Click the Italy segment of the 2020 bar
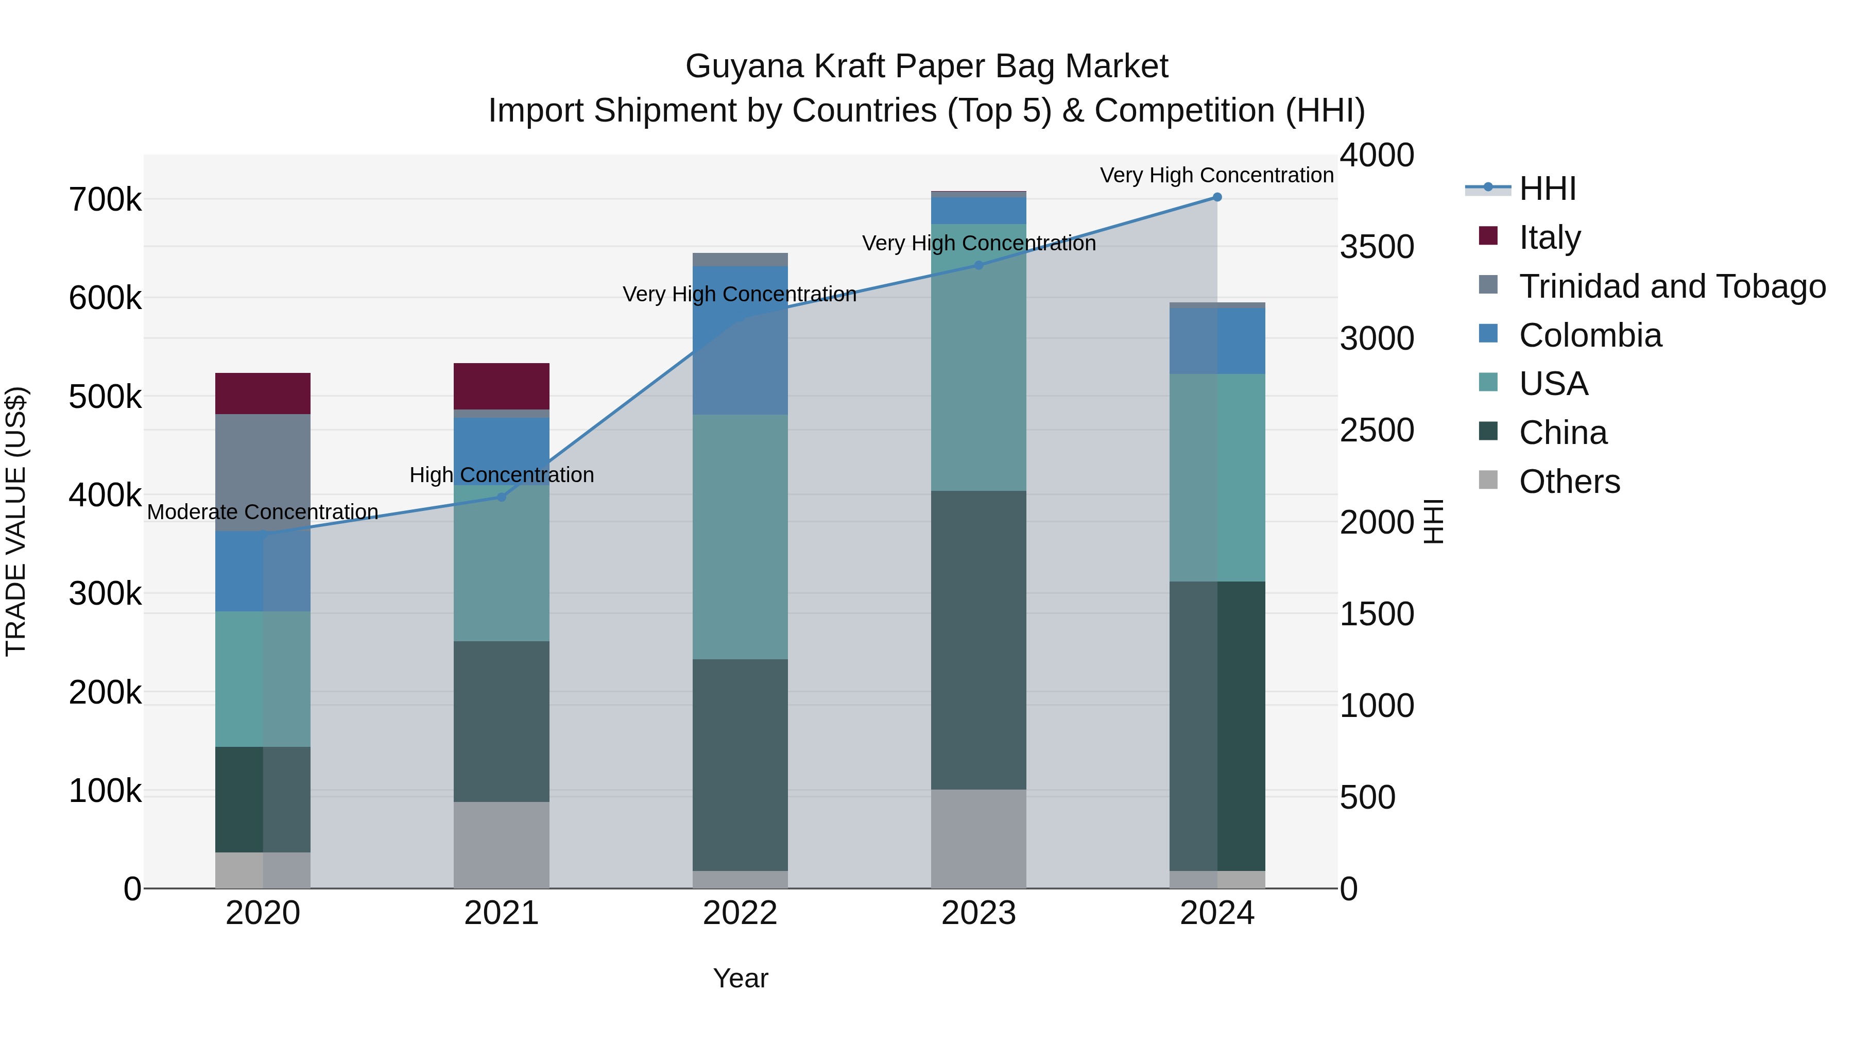263,393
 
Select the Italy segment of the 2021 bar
502,386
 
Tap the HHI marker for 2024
1217,197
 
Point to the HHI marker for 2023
978,265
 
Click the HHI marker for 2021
502,497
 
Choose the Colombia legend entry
1590,335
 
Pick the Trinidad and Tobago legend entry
1671,286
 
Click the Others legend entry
1569,482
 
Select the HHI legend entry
1548,189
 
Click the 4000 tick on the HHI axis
1377,156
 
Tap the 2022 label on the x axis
740,913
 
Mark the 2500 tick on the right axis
1377,431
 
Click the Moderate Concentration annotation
263,512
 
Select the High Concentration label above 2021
502,475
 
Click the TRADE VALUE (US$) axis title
16,521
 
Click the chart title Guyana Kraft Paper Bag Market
926,66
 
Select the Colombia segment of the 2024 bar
1217,340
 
